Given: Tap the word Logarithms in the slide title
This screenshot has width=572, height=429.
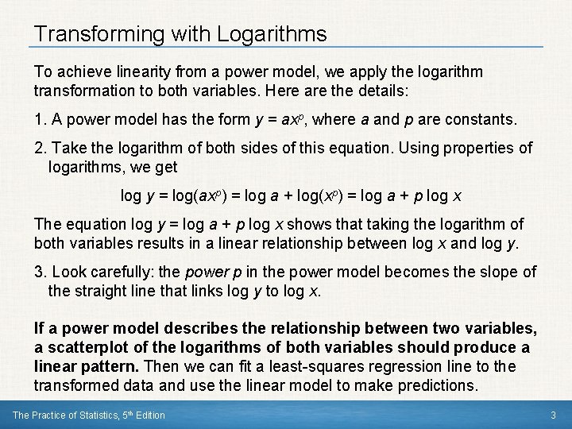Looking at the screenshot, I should pos(269,34).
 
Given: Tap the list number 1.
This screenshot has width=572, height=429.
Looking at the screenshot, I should pos(40,120).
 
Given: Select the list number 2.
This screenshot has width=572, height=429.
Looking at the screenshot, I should pos(40,149).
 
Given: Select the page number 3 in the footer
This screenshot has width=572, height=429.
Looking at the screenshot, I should pos(551,415).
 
